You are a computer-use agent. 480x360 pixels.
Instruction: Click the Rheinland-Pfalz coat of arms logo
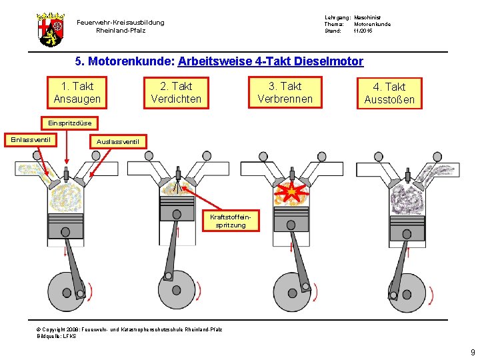pyautogui.click(x=50, y=29)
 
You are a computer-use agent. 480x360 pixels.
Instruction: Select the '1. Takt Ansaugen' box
pyautogui.click(x=77, y=93)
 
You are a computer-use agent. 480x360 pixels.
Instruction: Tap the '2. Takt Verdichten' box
pyautogui.click(x=176, y=93)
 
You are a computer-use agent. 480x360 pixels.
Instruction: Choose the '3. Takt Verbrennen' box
pyautogui.click(x=285, y=93)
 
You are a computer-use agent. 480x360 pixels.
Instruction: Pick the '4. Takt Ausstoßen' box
pyautogui.click(x=389, y=93)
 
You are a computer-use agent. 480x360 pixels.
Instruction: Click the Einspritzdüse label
pyautogui.click(x=70, y=123)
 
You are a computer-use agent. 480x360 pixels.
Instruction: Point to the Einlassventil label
pyautogui.click(x=31, y=139)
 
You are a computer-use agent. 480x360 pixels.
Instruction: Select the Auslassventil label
pyautogui.click(x=117, y=141)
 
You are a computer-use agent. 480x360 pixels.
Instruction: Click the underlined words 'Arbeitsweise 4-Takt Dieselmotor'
pyautogui.click(x=271, y=62)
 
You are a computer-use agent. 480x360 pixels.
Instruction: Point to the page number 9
pyautogui.click(x=472, y=352)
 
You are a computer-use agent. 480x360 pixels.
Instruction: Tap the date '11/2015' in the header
pyautogui.click(x=364, y=31)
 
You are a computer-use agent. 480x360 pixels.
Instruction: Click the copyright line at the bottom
pyautogui.click(x=130, y=329)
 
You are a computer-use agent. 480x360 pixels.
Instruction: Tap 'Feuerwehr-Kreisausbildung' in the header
pyautogui.click(x=120, y=23)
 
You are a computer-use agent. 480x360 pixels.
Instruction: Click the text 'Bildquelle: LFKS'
pyautogui.click(x=57, y=336)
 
